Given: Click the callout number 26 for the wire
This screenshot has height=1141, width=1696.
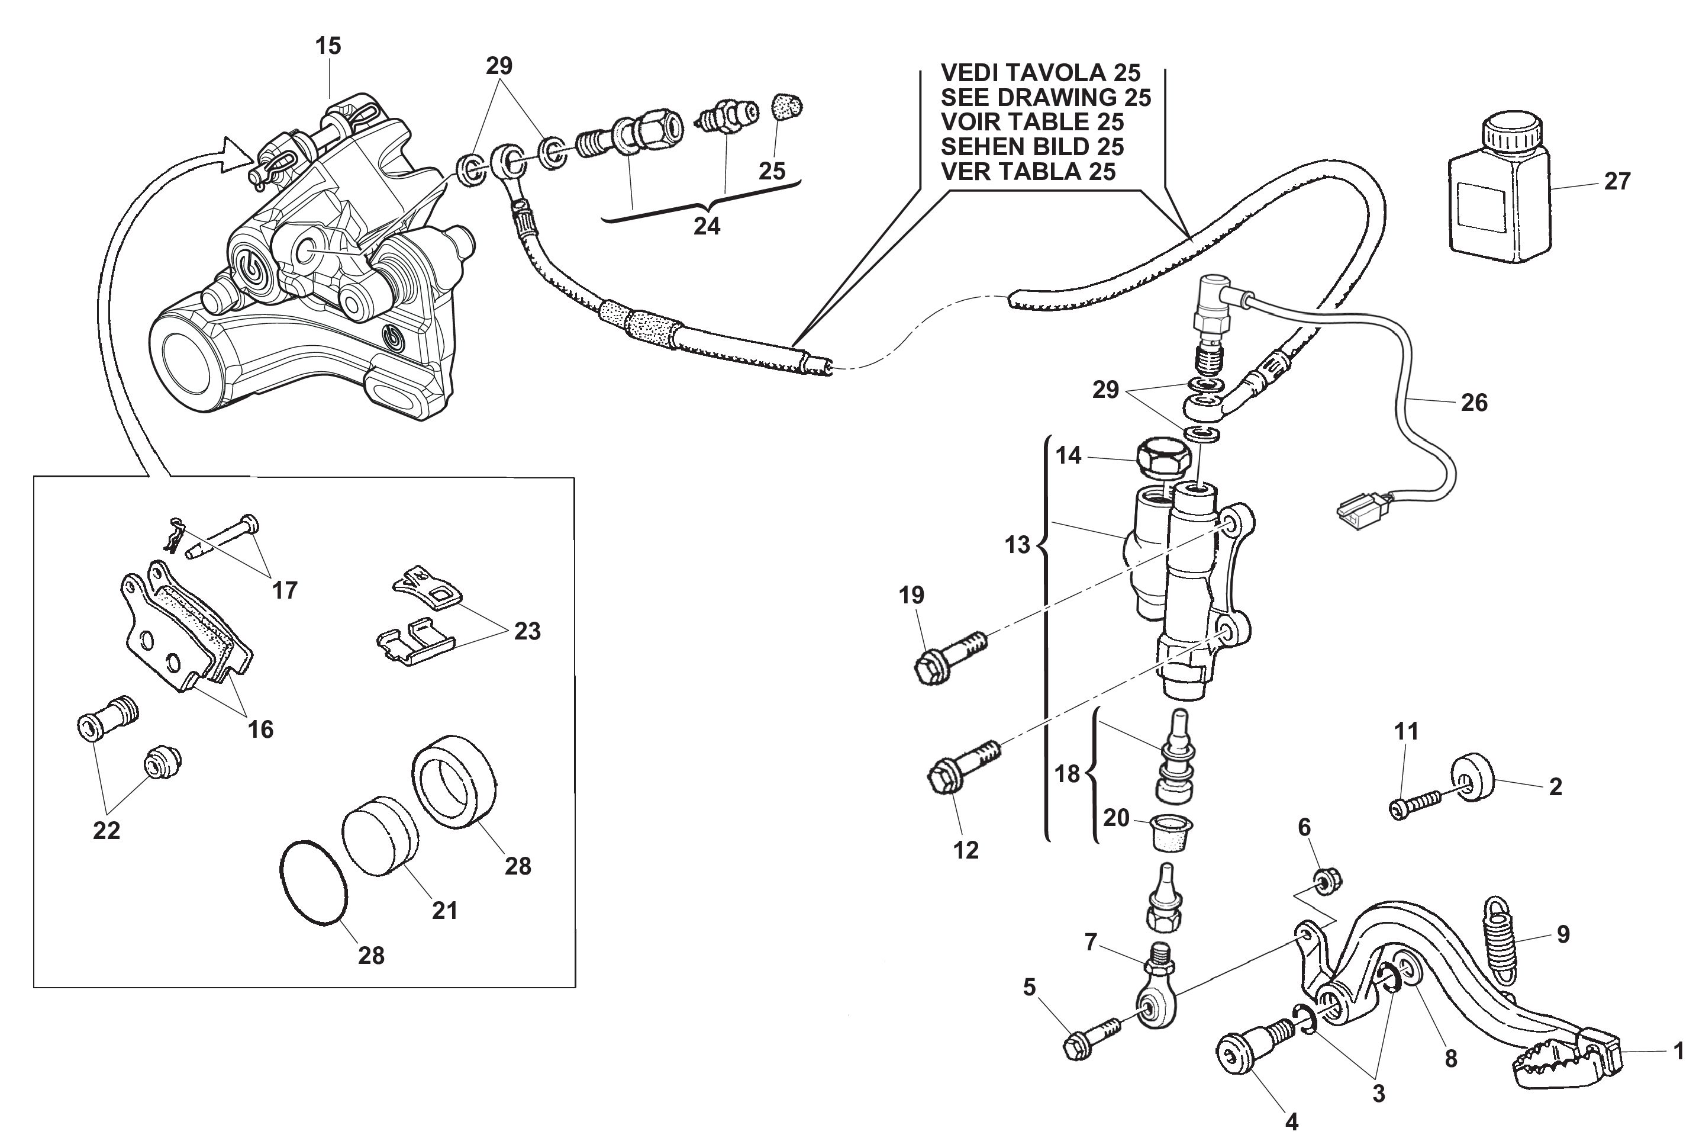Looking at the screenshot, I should tap(1474, 403).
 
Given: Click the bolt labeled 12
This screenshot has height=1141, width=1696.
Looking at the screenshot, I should tap(959, 780).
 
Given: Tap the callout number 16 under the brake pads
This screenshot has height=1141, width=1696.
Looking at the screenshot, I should tap(260, 729).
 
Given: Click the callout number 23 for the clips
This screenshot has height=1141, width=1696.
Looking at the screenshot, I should tap(527, 632).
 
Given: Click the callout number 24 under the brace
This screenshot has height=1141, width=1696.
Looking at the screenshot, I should tap(706, 226).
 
